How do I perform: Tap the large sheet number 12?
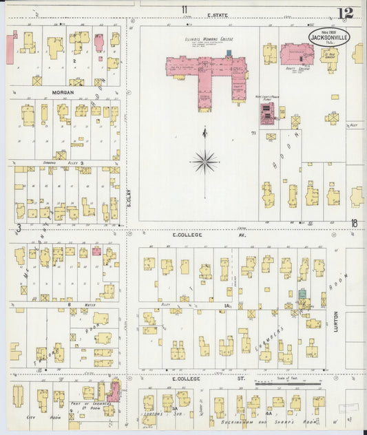click(346, 13)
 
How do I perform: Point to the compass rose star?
click(205, 162)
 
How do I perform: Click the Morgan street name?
click(62, 92)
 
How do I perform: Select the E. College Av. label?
click(190, 235)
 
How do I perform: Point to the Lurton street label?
click(336, 323)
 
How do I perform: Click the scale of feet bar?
click(289, 382)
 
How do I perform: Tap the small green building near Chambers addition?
click(302, 294)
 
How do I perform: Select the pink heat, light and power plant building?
click(266, 113)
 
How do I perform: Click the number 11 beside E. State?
click(184, 9)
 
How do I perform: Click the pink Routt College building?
click(297, 53)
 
